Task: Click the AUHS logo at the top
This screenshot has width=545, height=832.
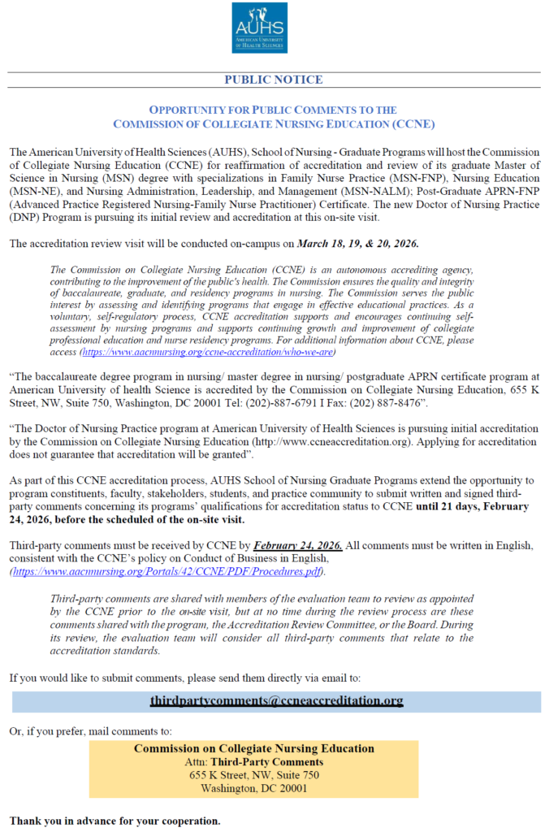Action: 259,28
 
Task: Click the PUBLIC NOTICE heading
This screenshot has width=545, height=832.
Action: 273,80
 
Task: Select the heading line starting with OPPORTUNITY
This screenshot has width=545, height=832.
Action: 274,110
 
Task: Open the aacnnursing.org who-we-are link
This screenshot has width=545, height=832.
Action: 208,353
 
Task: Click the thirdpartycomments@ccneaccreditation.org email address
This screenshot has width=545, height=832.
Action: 276,700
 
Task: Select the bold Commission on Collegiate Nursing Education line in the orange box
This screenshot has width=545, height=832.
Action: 253,749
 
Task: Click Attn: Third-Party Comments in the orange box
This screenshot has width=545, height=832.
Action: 253,762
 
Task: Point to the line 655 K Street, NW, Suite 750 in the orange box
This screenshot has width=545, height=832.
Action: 253,775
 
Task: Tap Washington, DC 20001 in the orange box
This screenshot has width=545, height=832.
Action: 253,788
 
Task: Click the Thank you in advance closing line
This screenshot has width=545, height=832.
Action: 114,820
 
